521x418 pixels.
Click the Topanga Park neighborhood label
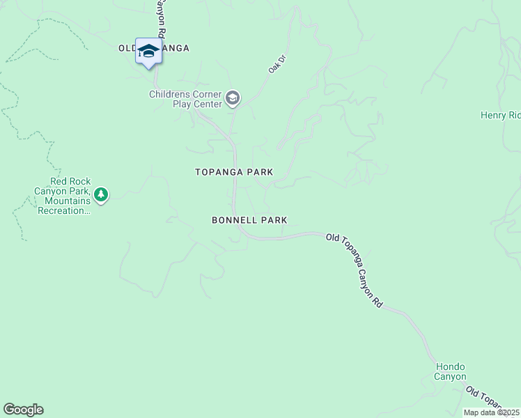click(x=234, y=172)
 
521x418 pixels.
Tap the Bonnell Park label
click(x=249, y=220)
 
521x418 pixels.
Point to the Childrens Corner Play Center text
click(x=185, y=100)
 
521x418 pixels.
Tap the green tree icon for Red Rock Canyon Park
click(x=102, y=194)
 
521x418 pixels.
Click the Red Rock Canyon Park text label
click(x=62, y=200)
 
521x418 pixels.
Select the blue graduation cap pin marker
click(x=148, y=52)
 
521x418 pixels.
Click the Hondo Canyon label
click(x=450, y=372)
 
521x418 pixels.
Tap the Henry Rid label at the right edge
click(x=500, y=115)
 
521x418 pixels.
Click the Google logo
click(x=23, y=410)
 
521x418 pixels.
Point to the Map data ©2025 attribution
click(x=491, y=412)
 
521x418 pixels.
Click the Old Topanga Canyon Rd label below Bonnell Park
click(x=355, y=270)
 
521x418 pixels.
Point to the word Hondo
click(x=450, y=367)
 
